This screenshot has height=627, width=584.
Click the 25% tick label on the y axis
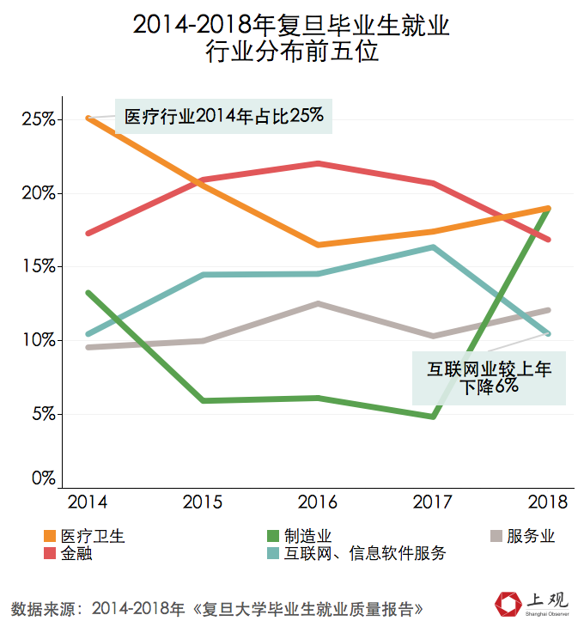[x=38, y=119]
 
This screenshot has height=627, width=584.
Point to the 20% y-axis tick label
[x=38, y=193]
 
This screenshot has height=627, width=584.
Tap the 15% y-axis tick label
[x=38, y=267]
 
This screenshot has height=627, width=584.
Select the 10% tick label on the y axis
[x=38, y=341]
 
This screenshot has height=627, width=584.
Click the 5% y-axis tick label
[x=42, y=414]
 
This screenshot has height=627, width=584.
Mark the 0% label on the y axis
[x=42, y=479]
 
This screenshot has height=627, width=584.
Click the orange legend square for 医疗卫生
[x=49, y=537]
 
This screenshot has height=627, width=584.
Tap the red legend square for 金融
[x=49, y=554]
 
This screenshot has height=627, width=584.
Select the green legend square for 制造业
[x=274, y=537]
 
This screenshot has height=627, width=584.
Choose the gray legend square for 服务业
[x=496, y=537]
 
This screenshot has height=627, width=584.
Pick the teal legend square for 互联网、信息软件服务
[x=274, y=554]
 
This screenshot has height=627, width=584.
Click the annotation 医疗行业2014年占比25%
[x=223, y=116]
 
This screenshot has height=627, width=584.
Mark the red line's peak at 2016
[x=319, y=163]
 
